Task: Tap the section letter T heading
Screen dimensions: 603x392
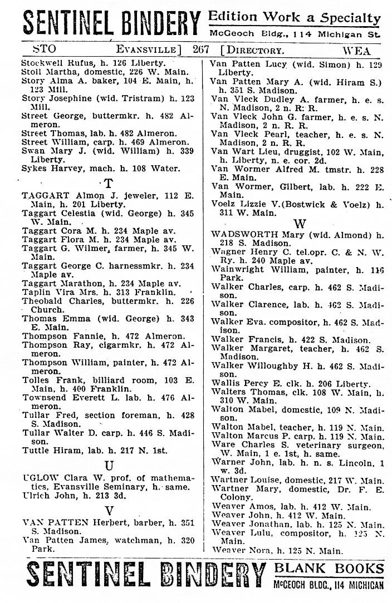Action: point(108,183)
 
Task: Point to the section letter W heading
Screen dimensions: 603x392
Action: point(300,224)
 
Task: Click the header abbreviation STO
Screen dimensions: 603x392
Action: point(44,50)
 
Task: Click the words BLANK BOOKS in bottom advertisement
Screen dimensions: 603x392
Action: point(329,569)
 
